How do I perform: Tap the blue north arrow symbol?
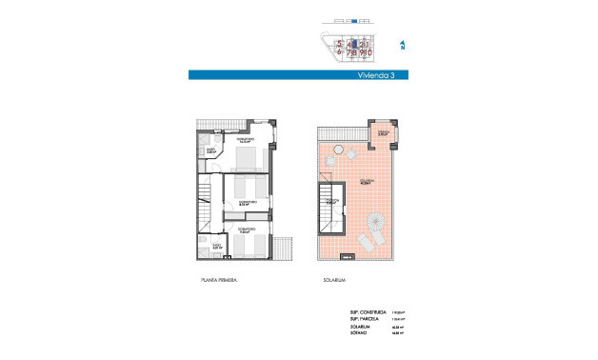pyautogui.click(x=403, y=45)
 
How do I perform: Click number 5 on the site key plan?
pyautogui.click(x=339, y=43)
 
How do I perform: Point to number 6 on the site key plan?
pyautogui.click(x=339, y=54)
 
